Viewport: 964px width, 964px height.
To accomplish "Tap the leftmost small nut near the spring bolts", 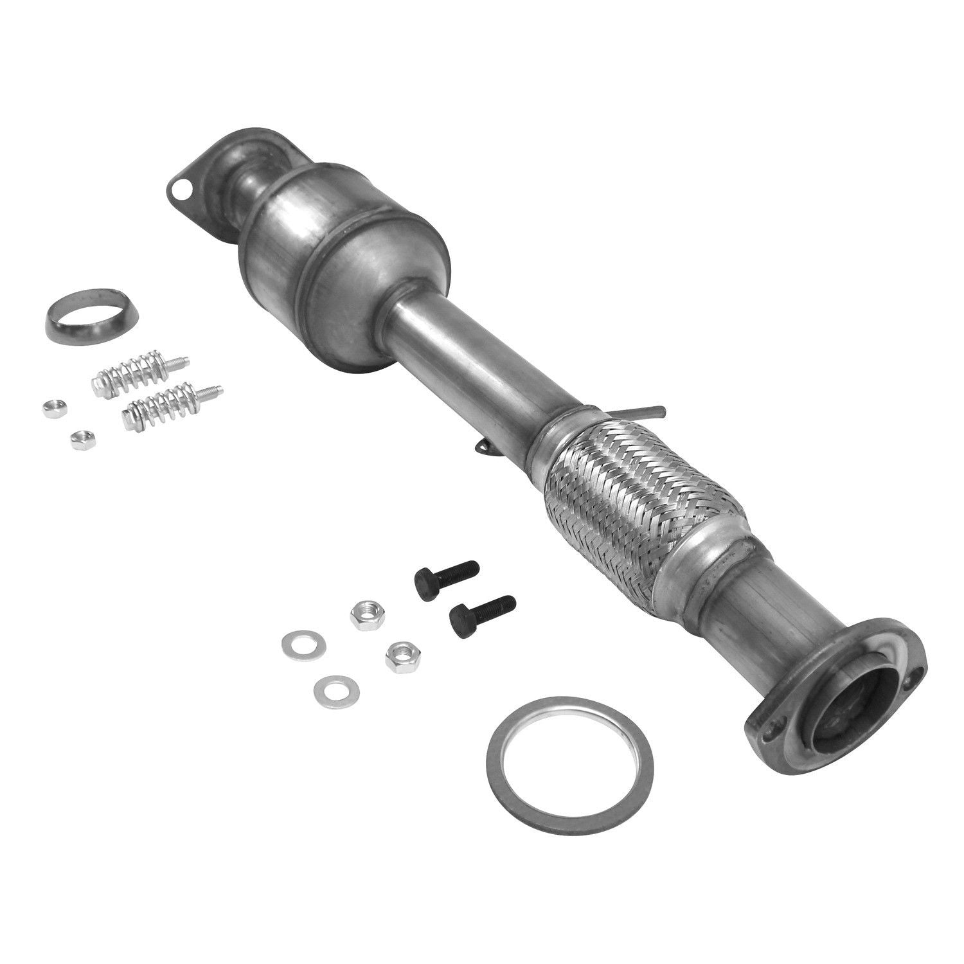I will point(49,407).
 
